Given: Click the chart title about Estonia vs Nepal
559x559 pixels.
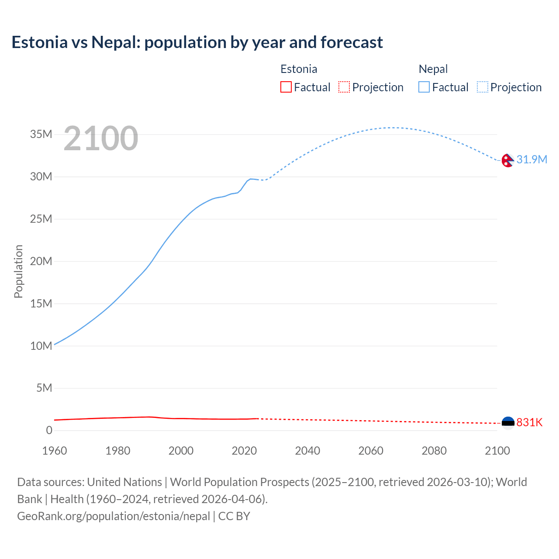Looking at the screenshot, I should (197, 42).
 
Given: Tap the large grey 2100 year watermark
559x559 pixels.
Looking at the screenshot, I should (101, 138).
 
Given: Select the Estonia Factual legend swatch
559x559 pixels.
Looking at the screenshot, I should (286, 87).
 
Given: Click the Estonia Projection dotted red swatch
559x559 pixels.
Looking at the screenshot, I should (344, 87).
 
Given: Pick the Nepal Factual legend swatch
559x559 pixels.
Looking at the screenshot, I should (424, 87).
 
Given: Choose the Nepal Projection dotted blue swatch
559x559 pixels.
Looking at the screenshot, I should (483, 87).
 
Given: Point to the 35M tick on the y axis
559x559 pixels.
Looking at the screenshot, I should (41, 134).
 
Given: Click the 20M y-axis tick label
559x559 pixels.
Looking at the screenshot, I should (41, 261).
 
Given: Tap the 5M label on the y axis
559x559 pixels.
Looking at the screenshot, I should (44, 388).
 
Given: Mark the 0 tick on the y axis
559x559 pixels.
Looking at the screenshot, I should (49, 430).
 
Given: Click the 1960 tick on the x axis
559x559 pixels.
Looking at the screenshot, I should (55, 451).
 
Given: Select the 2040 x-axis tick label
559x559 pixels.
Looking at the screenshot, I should (307, 451).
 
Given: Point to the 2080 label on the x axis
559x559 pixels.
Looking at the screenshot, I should (434, 451).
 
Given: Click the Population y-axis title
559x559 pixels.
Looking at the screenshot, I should (18, 271).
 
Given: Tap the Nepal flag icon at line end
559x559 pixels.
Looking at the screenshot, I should (507, 160).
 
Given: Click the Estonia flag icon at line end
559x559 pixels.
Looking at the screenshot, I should (507, 422).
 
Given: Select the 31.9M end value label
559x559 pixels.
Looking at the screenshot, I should (531, 159).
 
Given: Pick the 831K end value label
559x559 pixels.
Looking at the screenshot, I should (529, 422).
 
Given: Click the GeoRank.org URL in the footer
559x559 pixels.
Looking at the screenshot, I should (114, 516).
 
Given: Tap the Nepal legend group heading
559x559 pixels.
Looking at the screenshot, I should (433, 69).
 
